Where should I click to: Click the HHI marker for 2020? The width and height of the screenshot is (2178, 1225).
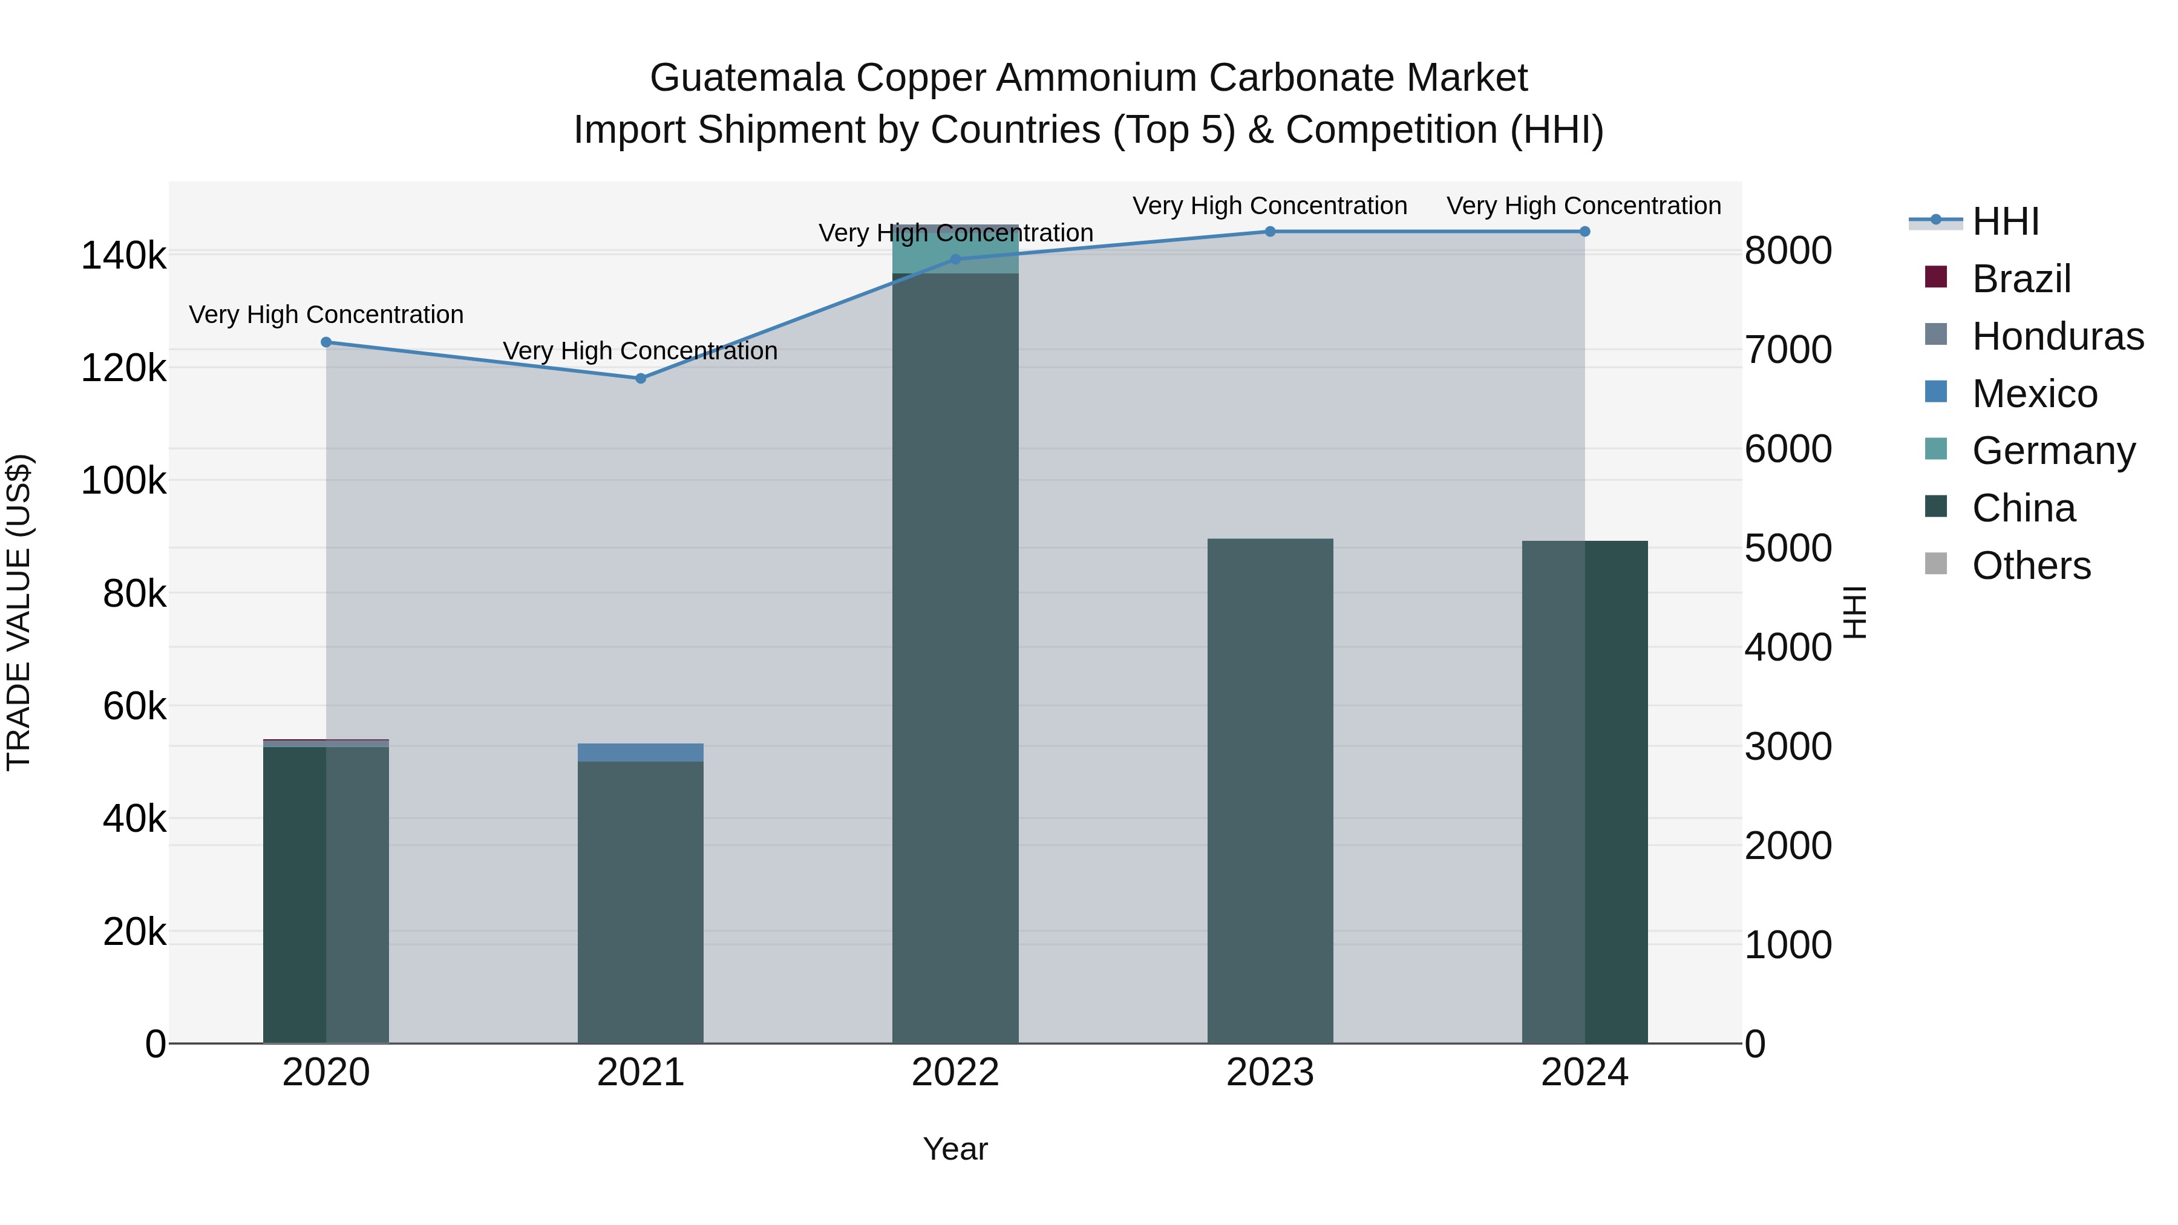point(326,342)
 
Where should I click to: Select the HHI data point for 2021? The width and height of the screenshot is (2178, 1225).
point(641,379)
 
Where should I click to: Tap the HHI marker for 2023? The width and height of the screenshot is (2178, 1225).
point(1270,232)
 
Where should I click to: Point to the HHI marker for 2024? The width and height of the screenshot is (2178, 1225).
point(1584,232)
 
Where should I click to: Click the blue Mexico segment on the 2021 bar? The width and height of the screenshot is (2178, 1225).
point(641,753)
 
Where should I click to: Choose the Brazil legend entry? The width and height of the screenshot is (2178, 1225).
point(2021,279)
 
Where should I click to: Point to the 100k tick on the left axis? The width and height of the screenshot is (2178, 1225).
point(123,481)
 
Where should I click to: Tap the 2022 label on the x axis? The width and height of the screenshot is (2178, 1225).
point(955,1073)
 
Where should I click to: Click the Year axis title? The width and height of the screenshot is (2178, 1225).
point(955,1149)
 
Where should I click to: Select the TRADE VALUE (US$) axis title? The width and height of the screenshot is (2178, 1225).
point(19,612)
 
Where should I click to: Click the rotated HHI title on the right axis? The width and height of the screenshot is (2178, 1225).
point(1855,612)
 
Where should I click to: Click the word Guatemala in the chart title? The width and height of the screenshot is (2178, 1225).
point(747,78)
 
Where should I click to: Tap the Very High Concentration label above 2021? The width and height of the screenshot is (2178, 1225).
point(640,351)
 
